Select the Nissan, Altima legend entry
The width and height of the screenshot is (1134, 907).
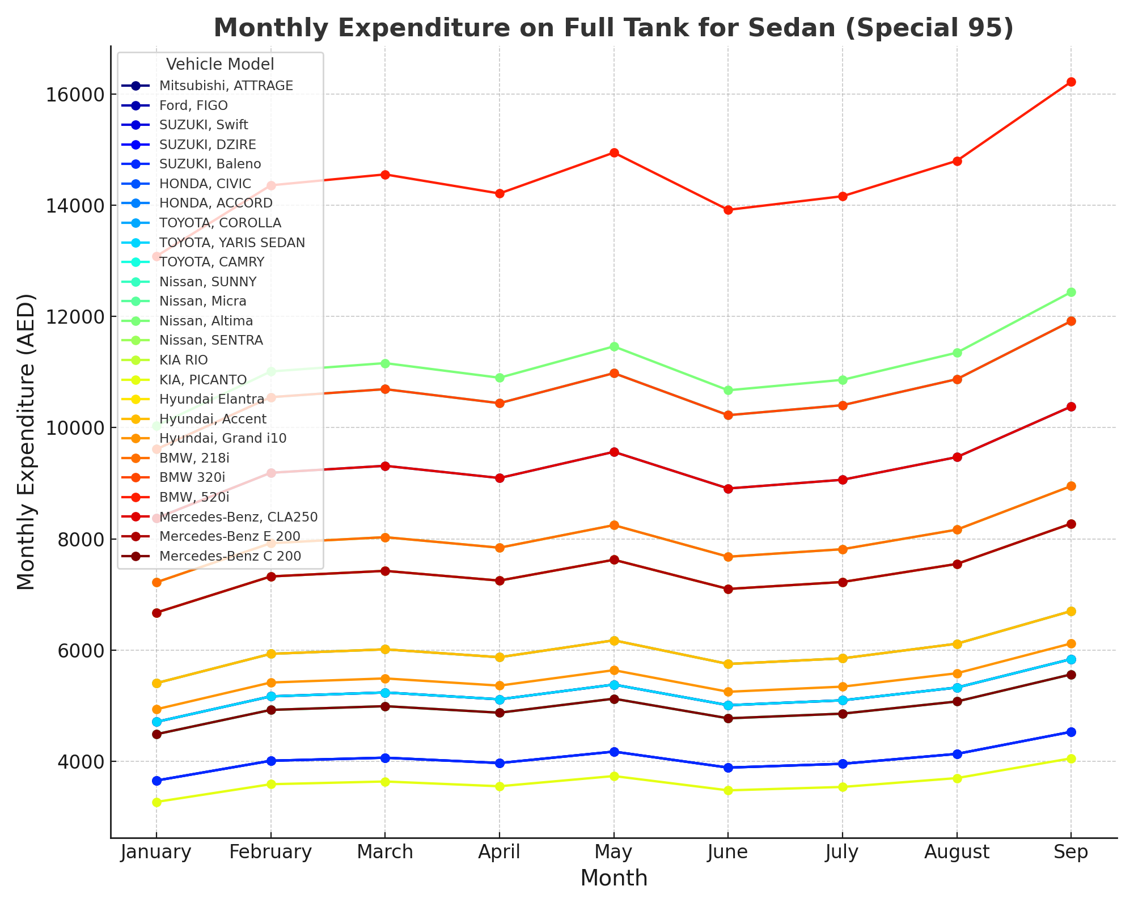pos(206,321)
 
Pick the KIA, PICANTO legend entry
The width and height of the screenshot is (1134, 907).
pos(203,380)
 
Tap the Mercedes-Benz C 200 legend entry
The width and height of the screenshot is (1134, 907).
pos(230,556)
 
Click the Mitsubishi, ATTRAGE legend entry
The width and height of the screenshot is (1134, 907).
pos(226,86)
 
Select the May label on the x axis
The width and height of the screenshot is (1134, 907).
pos(613,852)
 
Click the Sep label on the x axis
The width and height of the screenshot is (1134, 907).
pos(1070,852)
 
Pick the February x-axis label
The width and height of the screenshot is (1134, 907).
pos(270,852)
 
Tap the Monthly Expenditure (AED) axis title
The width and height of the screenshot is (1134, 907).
pos(26,442)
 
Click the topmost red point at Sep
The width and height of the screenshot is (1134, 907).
pos(1070,82)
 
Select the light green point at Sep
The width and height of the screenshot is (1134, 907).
pos(1070,293)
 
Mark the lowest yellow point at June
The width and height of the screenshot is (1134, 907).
pos(728,790)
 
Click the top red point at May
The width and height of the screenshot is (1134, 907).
pos(613,153)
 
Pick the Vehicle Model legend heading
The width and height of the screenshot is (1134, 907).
pos(220,64)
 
